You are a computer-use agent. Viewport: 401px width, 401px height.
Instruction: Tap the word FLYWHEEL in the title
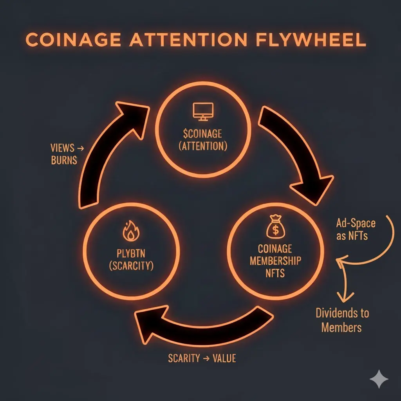point(311,40)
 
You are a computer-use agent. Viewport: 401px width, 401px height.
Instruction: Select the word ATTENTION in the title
point(188,40)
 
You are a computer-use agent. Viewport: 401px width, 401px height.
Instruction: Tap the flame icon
point(131,231)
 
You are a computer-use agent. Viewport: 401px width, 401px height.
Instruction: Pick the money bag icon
point(275,227)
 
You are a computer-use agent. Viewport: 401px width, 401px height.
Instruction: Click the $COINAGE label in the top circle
point(202,134)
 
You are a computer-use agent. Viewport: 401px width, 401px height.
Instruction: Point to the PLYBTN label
point(131,253)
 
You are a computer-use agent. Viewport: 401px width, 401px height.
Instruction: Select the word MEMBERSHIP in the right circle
point(275,261)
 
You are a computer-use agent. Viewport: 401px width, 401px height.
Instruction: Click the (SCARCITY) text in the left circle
point(131,266)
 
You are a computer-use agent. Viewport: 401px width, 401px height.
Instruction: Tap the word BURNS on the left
point(64,160)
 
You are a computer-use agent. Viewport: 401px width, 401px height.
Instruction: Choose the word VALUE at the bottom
point(224,358)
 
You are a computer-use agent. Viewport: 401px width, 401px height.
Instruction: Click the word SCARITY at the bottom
point(184,358)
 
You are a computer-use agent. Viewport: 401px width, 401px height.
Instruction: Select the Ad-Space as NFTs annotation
point(356,229)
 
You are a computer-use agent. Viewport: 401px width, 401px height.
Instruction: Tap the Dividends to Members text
point(342,320)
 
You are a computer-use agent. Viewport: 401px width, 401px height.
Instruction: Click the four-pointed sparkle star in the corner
point(379,379)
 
